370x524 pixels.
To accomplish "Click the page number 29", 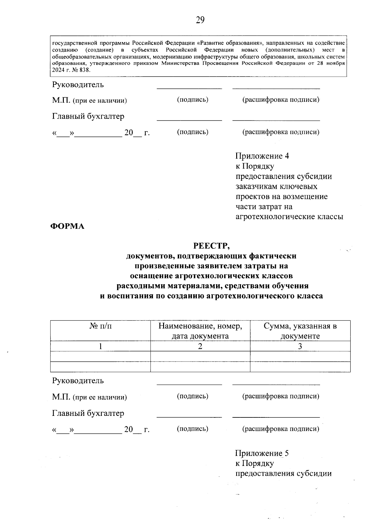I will [x=200, y=20].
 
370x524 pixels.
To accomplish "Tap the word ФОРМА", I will [x=68, y=226].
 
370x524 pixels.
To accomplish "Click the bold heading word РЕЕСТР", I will [x=212, y=246].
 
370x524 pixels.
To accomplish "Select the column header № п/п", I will [x=101, y=326].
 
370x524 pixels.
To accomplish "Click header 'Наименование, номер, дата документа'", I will [x=200, y=331].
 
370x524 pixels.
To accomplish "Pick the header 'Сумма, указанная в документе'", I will [x=300, y=331].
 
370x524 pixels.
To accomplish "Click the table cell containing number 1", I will [x=101, y=346].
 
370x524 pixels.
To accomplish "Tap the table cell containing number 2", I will [x=200, y=346].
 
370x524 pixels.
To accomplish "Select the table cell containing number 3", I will [x=300, y=346].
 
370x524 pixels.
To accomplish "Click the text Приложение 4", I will [x=262, y=156].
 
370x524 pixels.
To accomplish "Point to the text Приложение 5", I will [x=262, y=453].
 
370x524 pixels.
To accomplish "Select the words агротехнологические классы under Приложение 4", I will [x=289, y=217].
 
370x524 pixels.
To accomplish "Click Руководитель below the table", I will [x=78, y=381].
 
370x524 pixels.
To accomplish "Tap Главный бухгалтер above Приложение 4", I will [x=88, y=116].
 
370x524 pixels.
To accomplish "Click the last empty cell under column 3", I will [x=300, y=367].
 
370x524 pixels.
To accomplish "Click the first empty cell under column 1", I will [x=101, y=356].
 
